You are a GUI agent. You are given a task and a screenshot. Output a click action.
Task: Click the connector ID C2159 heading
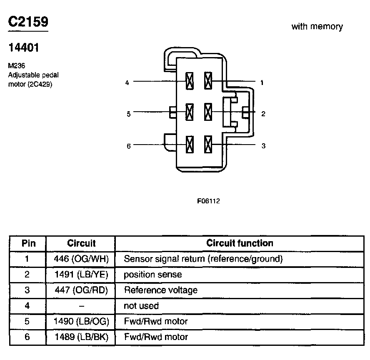[28, 22]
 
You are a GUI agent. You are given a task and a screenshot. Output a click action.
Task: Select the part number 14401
[24, 47]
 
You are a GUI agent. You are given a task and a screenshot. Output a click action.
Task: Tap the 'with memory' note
[317, 26]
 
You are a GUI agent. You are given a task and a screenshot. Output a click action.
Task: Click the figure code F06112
[208, 201]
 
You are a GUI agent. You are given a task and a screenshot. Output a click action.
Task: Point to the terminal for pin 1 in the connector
[208, 81]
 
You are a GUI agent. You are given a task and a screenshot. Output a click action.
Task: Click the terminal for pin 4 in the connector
[190, 81]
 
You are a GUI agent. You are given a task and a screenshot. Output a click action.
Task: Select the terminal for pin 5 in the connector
[190, 112]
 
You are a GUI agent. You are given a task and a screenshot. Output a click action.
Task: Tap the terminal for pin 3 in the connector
[208, 144]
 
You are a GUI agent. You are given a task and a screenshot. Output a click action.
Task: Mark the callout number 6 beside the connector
[129, 146]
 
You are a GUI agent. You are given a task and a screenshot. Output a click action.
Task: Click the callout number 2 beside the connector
[263, 114]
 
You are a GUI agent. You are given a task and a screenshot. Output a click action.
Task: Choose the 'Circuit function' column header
[240, 243]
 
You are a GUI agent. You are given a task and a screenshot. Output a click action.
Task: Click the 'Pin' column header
[29, 243]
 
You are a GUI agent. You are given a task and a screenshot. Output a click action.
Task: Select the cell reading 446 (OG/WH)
[81, 259]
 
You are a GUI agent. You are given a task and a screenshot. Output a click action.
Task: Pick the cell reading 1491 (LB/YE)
[81, 274]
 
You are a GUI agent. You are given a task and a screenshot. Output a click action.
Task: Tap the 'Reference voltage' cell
[161, 290]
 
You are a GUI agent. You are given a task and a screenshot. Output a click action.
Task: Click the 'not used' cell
[141, 306]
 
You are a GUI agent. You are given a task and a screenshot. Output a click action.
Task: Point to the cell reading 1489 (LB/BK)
[81, 337]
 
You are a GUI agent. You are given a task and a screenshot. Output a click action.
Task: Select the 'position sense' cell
[152, 275]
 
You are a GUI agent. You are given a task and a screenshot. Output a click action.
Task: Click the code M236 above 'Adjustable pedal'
[17, 65]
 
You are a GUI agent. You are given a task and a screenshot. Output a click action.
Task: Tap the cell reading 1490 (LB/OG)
[81, 321]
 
